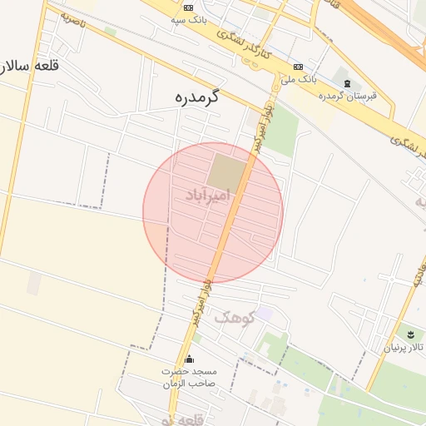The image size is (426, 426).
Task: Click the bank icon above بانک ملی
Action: coord(298,67)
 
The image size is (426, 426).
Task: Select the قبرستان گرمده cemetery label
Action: coord(348,96)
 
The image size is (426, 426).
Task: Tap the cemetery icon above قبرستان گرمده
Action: coord(347,82)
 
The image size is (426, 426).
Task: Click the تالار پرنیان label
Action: coord(404,347)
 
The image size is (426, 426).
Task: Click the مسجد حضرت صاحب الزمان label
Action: coord(189,377)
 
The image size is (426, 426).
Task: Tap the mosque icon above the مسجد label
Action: coord(189,359)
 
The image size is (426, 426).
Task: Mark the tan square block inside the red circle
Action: coord(226,171)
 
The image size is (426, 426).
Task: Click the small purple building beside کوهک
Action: coord(264,313)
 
